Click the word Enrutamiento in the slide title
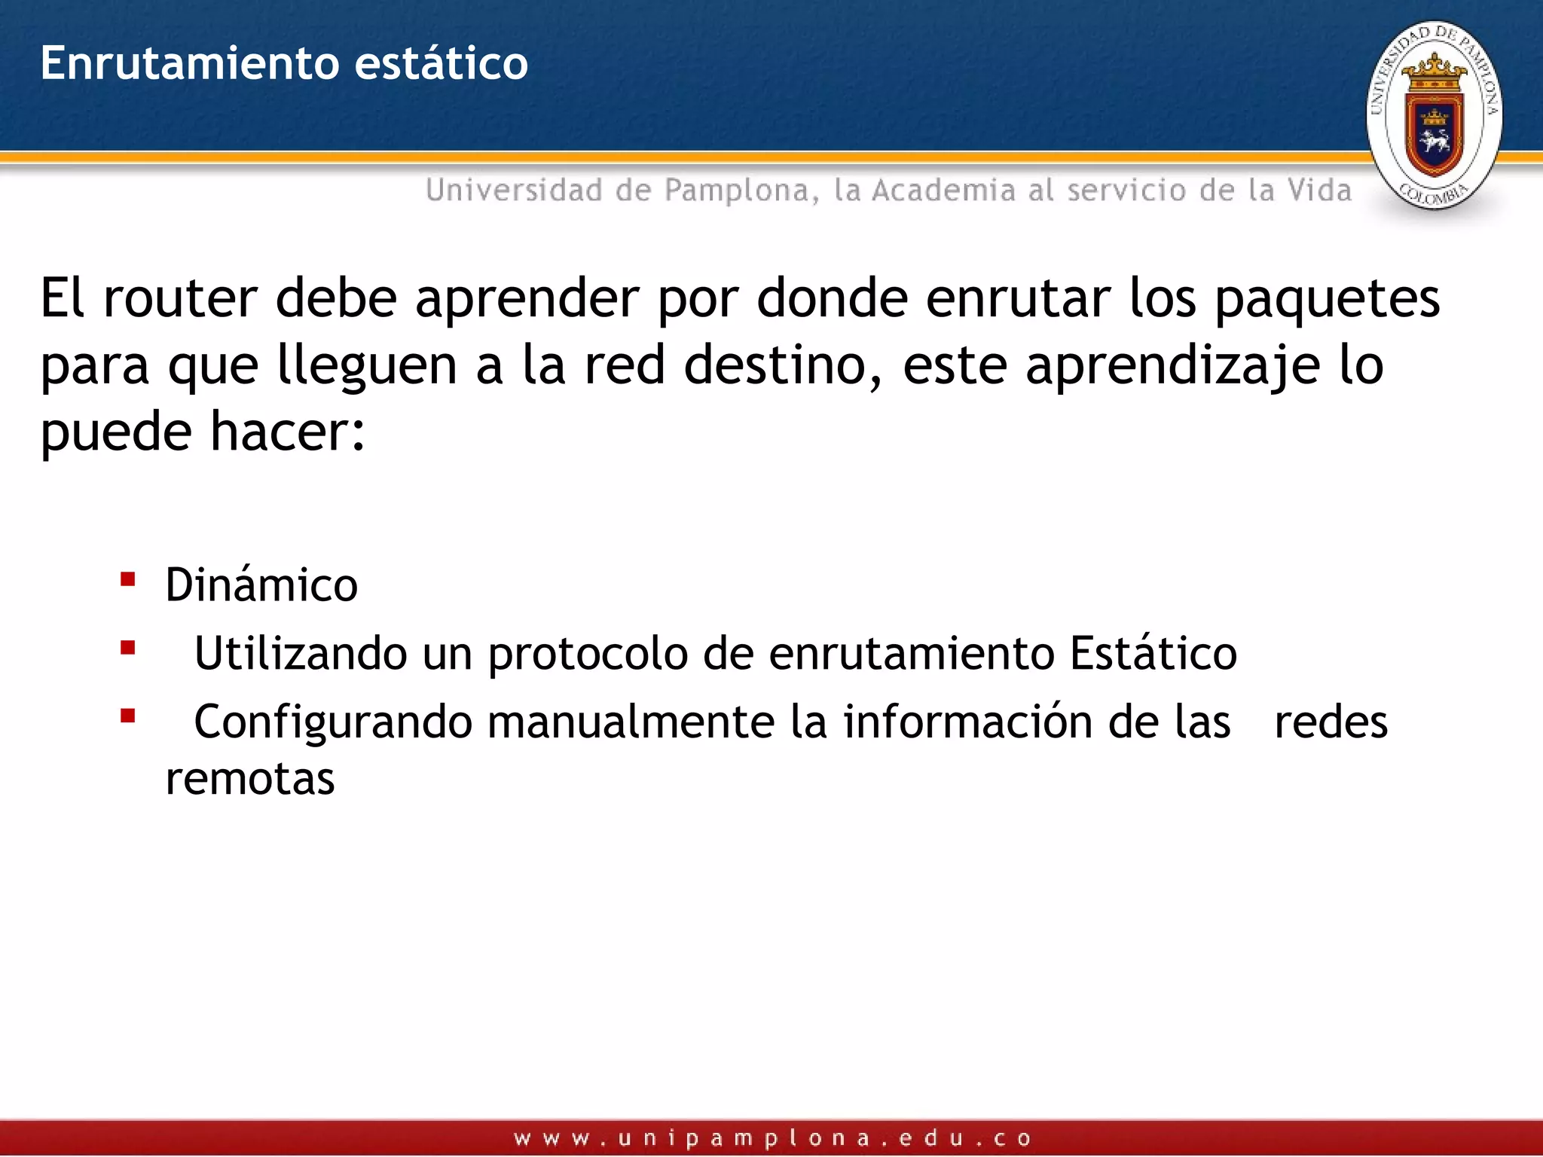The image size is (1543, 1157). (189, 63)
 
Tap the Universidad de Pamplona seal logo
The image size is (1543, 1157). (1434, 115)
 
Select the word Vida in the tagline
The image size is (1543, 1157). (1319, 191)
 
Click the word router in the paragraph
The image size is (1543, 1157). (180, 298)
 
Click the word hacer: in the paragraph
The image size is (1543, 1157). (287, 432)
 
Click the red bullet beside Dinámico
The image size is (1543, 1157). (128, 579)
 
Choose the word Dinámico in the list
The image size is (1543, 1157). (261, 585)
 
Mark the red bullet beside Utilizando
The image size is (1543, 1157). (128, 648)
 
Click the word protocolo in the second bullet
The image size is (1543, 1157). (588, 654)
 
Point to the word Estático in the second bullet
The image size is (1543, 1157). (1153, 652)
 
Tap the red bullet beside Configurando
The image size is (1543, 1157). (128, 716)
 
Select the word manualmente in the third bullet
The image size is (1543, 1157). (631, 722)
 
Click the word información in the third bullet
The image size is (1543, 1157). (967, 722)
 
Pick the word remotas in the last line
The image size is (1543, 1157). (250, 778)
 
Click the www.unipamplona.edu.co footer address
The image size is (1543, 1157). (772, 1138)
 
